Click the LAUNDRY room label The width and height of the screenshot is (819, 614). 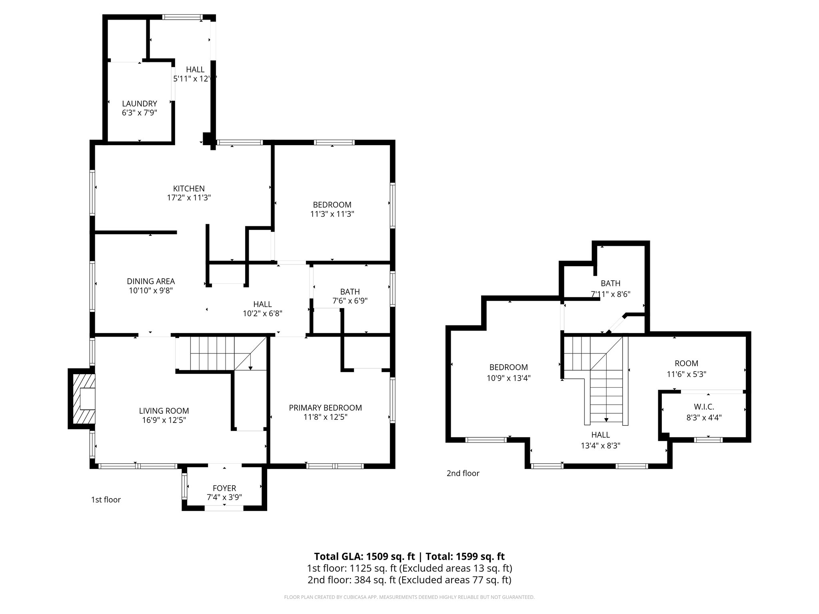[x=139, y=104]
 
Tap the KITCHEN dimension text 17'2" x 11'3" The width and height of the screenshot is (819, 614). [x=189, y=197]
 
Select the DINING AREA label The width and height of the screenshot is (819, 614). [x=151, y=281]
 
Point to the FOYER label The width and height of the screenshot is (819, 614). [x=224, y=488]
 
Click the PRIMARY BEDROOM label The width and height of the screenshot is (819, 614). [x=325, y=408]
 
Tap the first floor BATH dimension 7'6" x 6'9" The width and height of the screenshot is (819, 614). [x=350, y=301]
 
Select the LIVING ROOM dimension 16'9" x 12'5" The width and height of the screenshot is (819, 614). [x=164, y=420]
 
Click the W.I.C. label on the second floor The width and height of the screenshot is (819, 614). [x=704, y=407]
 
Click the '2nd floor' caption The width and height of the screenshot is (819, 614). [x=463, y=473]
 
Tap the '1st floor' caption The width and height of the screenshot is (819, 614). [x=106, y=500]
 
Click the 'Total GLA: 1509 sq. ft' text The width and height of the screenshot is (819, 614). [x=364, y=556]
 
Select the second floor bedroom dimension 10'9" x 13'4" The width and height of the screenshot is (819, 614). [x=508, y=378]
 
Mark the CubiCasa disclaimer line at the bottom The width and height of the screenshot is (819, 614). [x=409, y=597]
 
